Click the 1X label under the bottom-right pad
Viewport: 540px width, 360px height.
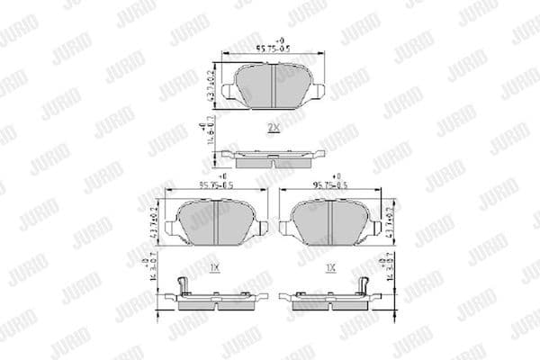(x=330, y=268)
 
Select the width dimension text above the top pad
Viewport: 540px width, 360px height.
(x=273, y=50)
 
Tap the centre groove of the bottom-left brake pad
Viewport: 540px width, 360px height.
(x=219, y=224)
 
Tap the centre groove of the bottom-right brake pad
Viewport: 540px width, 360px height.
(x=329, y=224)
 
